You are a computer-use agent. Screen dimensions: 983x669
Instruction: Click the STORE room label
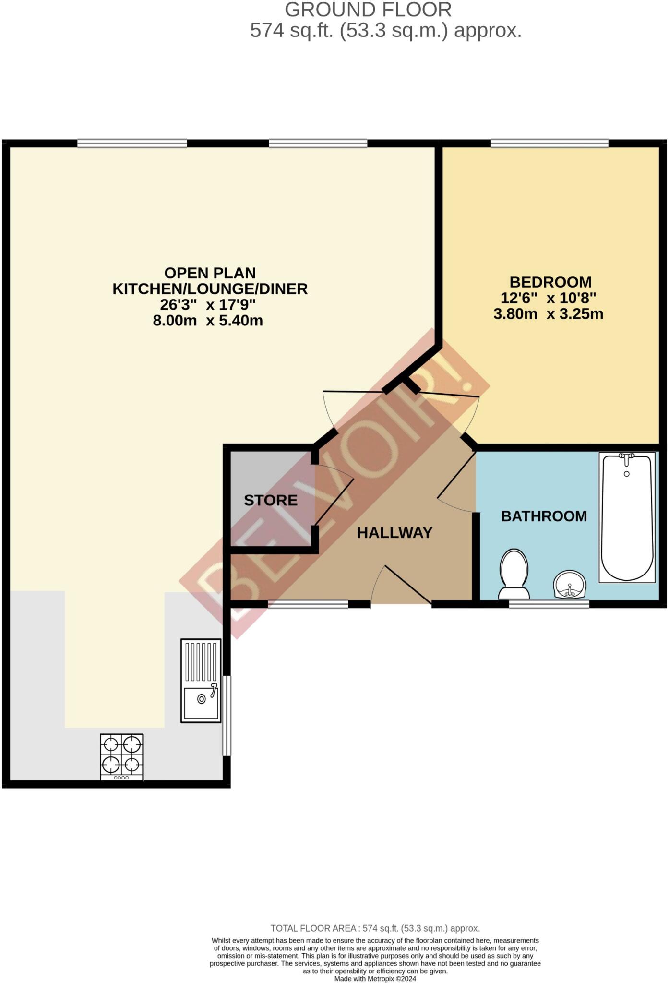click(x=271, y=500)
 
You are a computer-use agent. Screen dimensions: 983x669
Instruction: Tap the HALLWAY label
click(x=394, y=532)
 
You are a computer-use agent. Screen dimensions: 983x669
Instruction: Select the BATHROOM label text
click(x=544, y=516)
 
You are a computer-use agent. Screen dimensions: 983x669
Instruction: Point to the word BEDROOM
click(x=550, y=282)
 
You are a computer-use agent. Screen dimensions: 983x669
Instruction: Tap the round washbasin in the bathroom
click(x=570, y=585)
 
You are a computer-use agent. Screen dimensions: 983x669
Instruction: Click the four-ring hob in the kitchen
click(x=121, y=756)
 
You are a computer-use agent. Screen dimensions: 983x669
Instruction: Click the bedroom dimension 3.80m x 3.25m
click(x=548, y=314)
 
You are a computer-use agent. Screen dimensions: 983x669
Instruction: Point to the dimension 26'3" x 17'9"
click(x=207, y=304)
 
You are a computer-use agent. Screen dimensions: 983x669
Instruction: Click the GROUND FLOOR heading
click(x=368, y=10)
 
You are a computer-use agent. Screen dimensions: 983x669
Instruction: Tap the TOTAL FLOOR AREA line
click(x=375, y=928)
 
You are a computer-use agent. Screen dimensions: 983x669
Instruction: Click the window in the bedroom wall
click(x=550, y=143)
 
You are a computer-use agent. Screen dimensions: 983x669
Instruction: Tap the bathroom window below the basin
click(x=549, y=604)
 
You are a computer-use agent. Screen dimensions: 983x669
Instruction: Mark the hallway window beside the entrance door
click(x=308, y=604)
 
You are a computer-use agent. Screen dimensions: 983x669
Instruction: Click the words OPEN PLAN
click(x=210, y=273)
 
